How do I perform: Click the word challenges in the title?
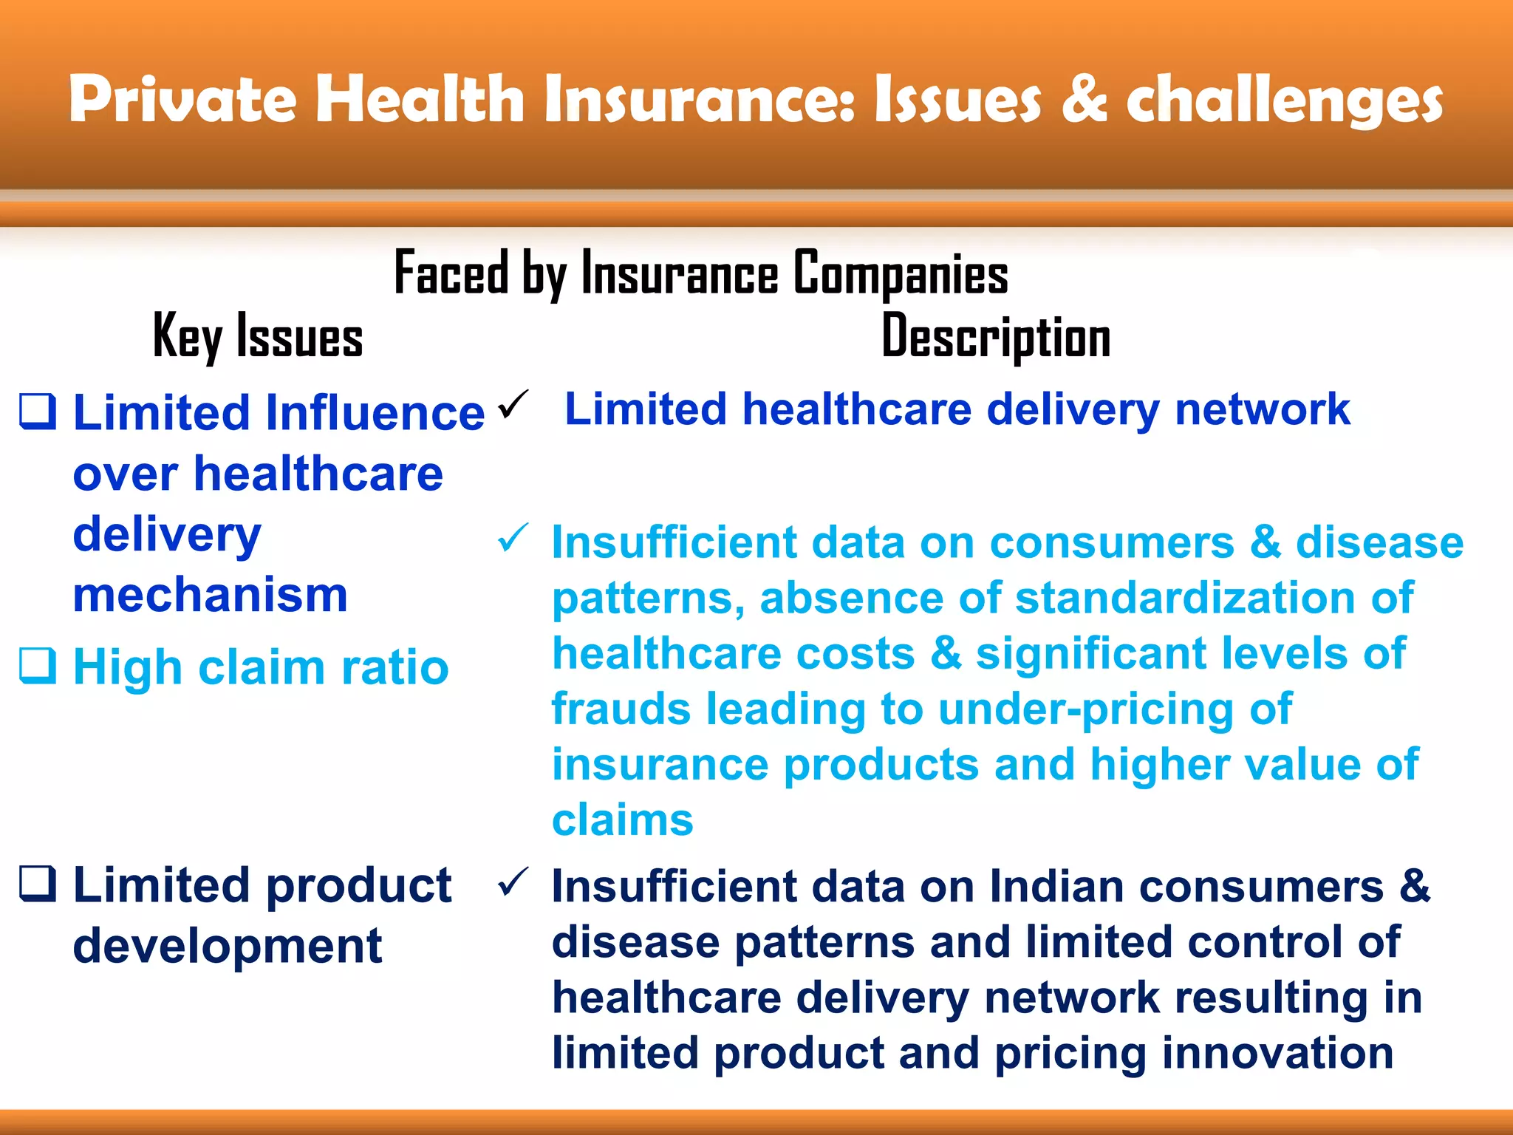1284,102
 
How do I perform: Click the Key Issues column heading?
258,337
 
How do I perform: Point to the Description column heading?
996,337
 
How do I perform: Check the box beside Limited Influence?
37,412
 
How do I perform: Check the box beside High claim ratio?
37,666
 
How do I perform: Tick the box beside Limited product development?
37,884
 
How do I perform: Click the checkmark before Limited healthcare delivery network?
513,404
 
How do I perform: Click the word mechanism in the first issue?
211,595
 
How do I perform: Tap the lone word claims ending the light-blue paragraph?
623,820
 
